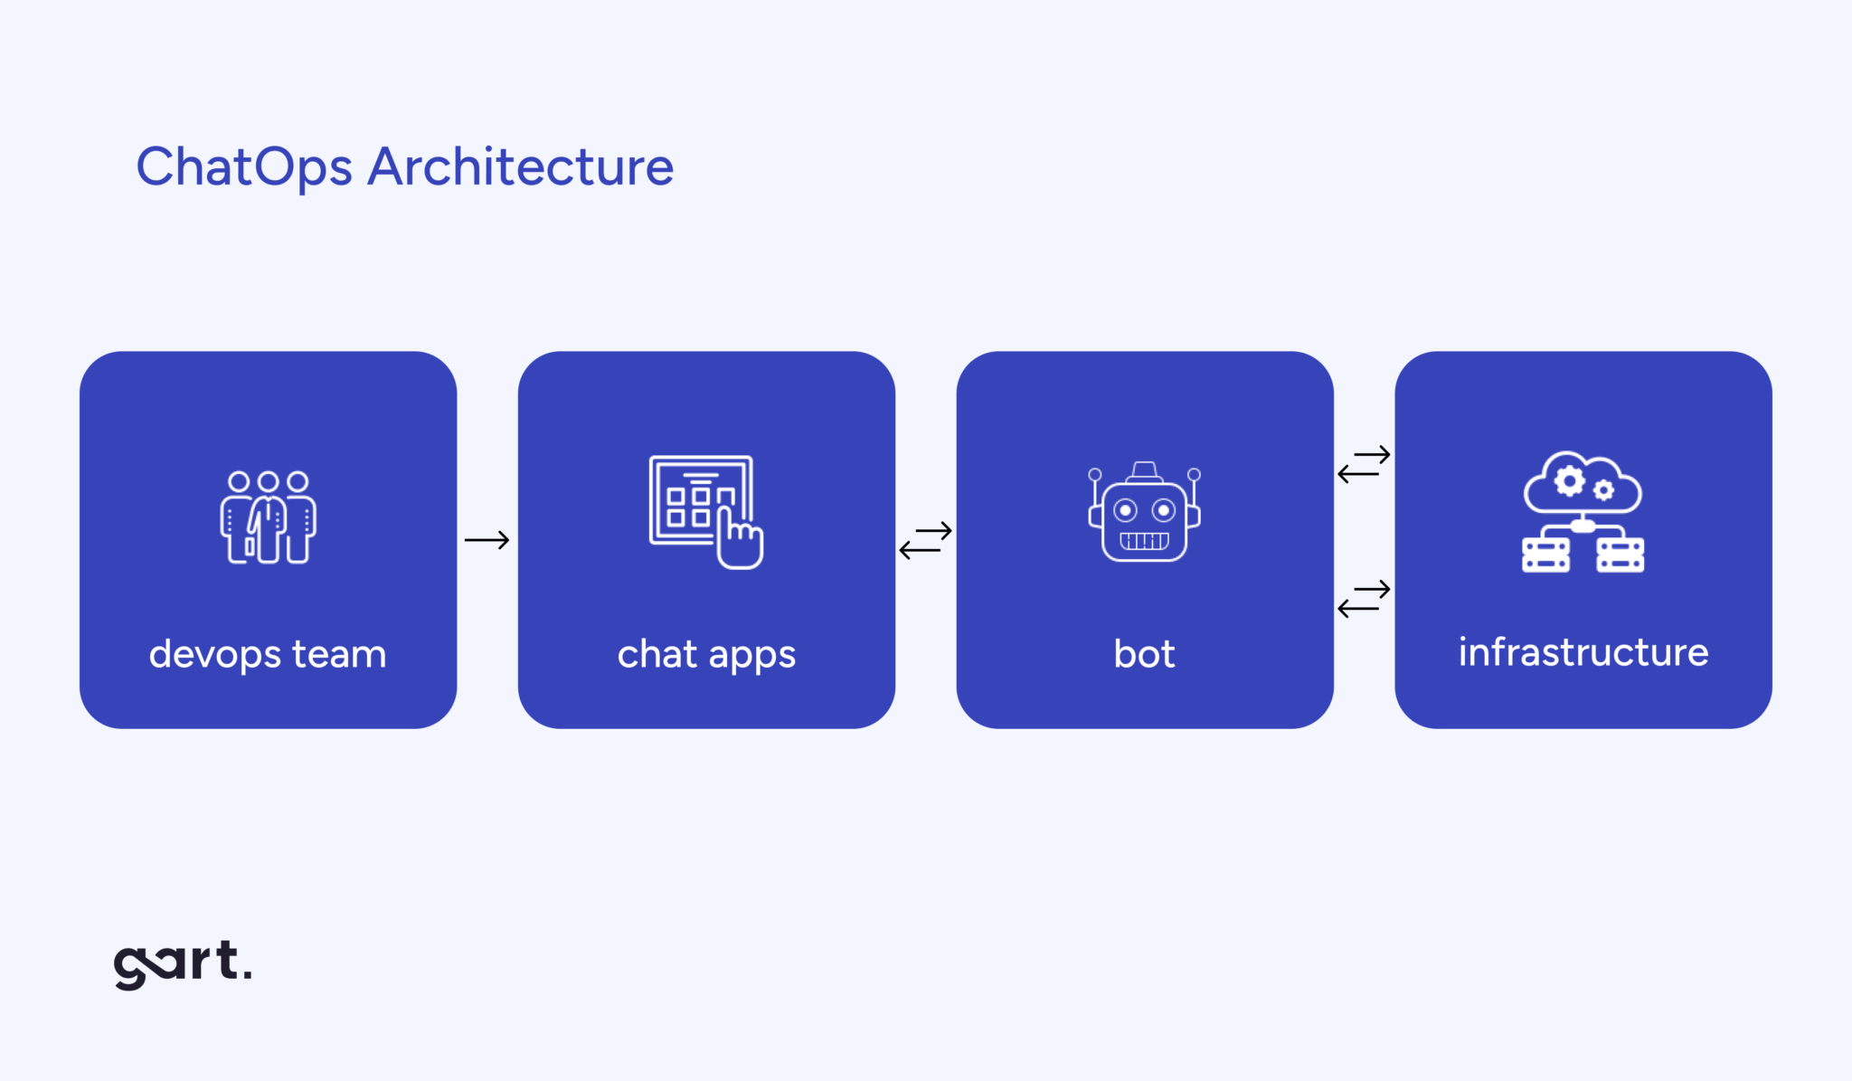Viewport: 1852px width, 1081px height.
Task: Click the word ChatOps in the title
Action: click(x=243, y=167)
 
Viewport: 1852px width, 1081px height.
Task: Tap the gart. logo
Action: click(x=182, y=964)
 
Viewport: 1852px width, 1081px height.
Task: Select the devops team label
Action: click(x=268, y=654)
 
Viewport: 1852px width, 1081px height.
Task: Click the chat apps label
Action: click(x=706, y=654)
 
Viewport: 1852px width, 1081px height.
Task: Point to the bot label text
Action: click(x=1144, y=654)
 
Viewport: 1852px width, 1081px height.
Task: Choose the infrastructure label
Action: click(x=1583, y=652)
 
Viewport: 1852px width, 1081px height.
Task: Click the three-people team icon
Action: click(x=269, y=517)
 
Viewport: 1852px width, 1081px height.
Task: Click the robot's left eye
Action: click(x=1125, y=511)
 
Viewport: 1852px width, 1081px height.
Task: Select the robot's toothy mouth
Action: click(x=1144, y=541)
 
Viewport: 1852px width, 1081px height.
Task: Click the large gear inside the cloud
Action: click(x=1570, y=480)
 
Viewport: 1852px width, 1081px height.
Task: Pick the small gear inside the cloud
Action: click(x=1603, y=490)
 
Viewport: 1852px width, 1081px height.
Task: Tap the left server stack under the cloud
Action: click(x=1545, y=555)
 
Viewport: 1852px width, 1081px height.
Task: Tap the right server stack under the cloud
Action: click(x=1620, y=555)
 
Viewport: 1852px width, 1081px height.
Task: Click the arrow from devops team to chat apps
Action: click(x=487, y=540)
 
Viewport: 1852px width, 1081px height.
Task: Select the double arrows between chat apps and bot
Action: click(x=925, y=540)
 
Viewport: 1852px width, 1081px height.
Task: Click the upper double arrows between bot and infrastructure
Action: click(x=1364, y=464)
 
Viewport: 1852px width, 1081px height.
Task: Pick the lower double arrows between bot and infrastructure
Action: click(x=1364, y=599)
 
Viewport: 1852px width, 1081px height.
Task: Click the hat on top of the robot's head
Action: click(x=1145, y=471)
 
